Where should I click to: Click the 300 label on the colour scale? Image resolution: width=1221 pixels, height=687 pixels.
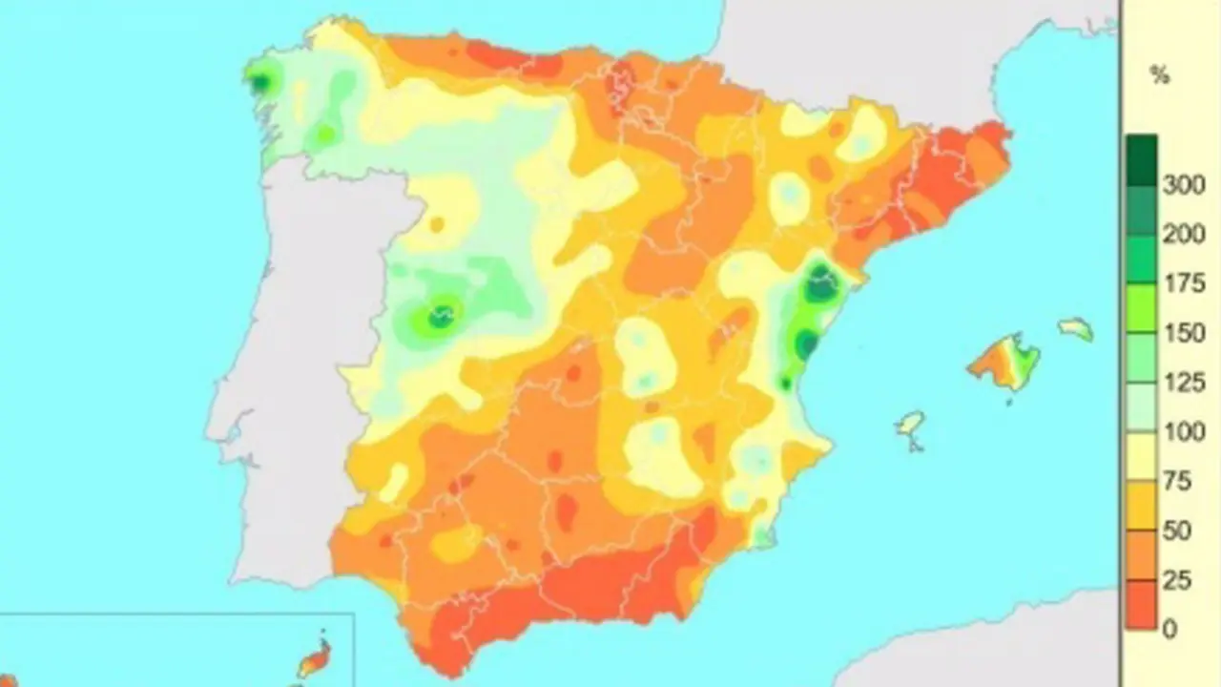1183,185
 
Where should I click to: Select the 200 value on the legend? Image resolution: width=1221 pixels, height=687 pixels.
1183,235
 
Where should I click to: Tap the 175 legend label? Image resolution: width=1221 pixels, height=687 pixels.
1183,284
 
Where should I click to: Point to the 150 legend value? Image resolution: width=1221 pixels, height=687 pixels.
1183,334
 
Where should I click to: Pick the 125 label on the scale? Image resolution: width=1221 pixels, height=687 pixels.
1183,383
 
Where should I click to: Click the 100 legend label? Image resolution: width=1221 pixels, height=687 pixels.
1183,432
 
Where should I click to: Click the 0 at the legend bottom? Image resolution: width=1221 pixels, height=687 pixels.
1170,629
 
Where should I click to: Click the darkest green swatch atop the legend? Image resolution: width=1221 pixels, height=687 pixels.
1141,153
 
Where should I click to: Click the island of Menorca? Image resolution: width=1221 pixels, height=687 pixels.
1075,329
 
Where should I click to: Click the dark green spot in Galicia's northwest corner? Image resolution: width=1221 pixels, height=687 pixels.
259,82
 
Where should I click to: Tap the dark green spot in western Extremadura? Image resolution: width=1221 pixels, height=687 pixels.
440,316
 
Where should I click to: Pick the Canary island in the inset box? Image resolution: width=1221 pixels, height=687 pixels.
315,658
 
